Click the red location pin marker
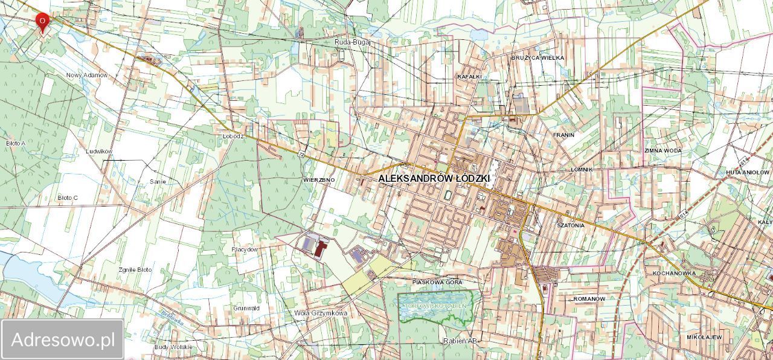pyautogui.click(x=42, y=22)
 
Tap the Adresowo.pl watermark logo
pyautogui.click(x=63, y=339)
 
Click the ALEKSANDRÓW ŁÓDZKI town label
pyautogui.click(x=434, y=179)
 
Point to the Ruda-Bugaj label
pyautogui.click(x=352, y=42)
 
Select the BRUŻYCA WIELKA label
pyautogui.click(x=537, y=57)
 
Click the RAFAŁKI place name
pyautogui.click(x=469, y=77)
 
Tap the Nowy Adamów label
pyautogui.click(x=87, y=75)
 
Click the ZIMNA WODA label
pyautogui.click(x=662, y=150)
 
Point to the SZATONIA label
pyautogui.click(x=571, y=225)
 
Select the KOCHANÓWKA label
pyautogui.click(x=674, y=273)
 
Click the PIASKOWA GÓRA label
pyautogui.click(x=437, y=282)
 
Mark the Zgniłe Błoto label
pyautogui.click(x=135, y=269)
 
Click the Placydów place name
pyautogui.click(x=245, y=249)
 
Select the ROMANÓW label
pyautogui.click(x=589, y=299)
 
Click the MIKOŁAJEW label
pyautogui.click(x=704, y=336)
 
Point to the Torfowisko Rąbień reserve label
pyautogui.click(x=435, y=306)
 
